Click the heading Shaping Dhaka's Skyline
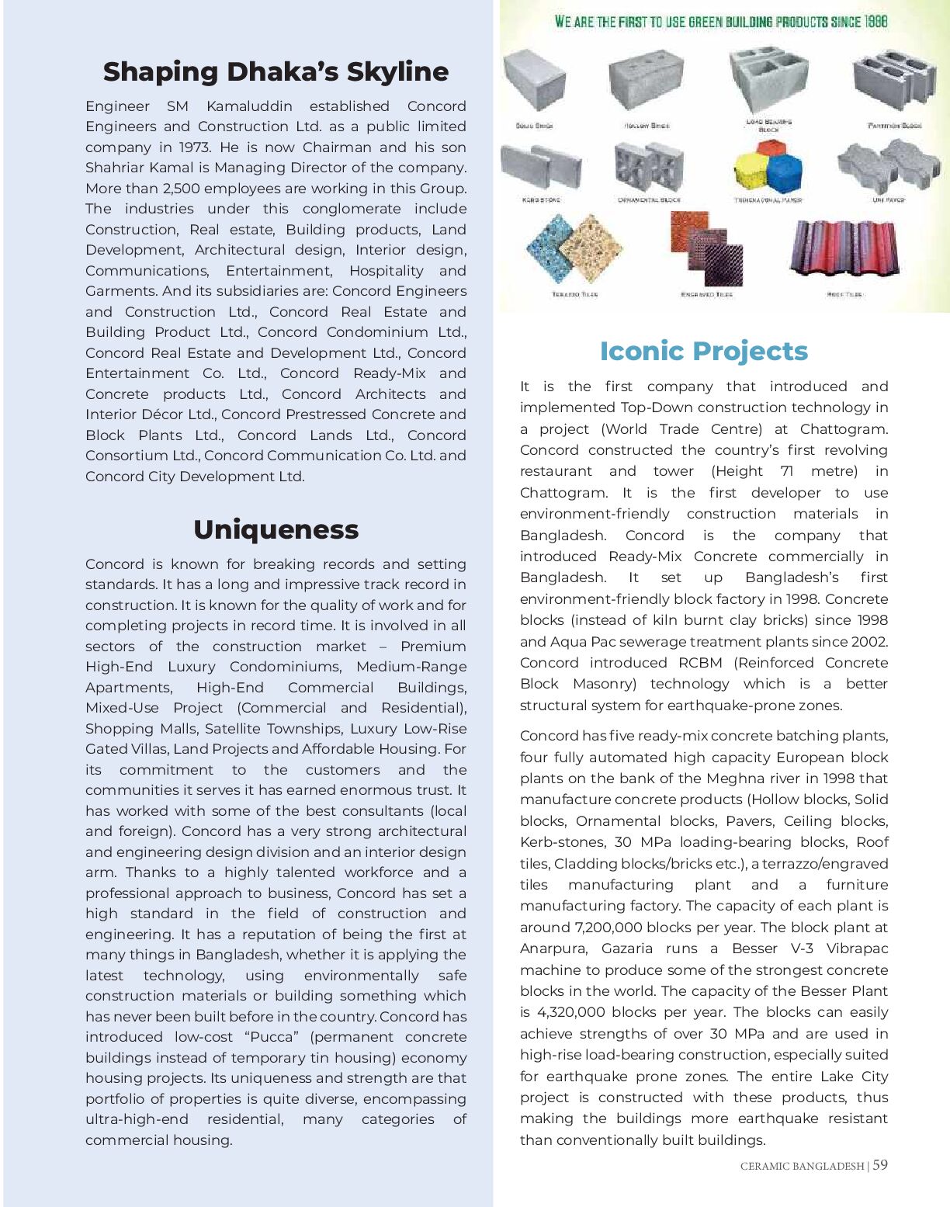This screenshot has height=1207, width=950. tap(276, 71)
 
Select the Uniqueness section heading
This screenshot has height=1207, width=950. tap(276, 529)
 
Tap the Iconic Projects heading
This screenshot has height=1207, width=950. tap(703, 351)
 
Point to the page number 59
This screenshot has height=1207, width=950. tap(880, 1165)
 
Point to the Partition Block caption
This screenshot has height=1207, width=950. tap(894, 125)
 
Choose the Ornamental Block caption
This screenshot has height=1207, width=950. tap(649, 199)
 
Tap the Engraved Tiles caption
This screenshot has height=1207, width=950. tap(706, 294)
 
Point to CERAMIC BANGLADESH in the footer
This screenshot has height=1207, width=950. tap(802, 1166)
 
